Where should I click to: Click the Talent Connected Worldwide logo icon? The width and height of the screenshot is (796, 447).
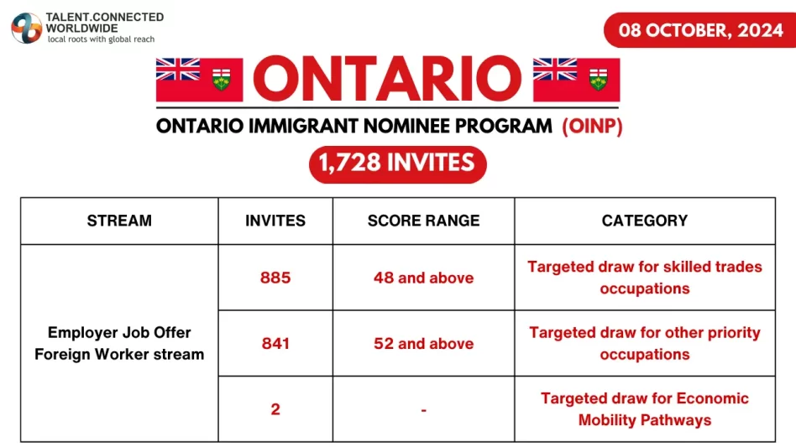pyautogui.click(x=26, y=28)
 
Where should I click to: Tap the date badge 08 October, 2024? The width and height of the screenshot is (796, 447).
pyautogui.click(x=700, y=30)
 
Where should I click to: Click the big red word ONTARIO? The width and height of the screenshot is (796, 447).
pyautogui.click(x=387, y=79)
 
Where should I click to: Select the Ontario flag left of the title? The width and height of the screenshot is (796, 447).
pyautogui.click(x=200, y=80)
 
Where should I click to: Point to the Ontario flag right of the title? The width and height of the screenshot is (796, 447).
pyautogui.click(x=576, y=80)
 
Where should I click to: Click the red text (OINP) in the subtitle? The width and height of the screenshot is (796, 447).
pyautogui.click(x=592, y=126)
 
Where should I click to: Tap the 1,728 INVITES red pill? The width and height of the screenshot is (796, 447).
pyautogui.click(x=397, y=164)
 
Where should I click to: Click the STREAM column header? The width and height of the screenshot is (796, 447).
pyautogui.click(x=119, y=221)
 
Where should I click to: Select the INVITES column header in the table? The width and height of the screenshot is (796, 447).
pyautogui.click(x=275, y=221)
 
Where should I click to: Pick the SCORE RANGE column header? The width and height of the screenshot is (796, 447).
pyautogui.click(x=423, y=221)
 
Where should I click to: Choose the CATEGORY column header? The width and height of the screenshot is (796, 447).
pyautogui.click(x=645, y=221)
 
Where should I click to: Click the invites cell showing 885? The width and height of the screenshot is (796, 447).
pyautogui.click(x=275, y=278)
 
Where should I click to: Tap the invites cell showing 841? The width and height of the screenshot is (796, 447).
pyautogui.click(x=275, y=344)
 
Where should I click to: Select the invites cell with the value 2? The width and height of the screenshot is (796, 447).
pyautogui.click(x=275, y=409)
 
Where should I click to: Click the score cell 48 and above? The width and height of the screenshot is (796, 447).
pyautogui.click(x=423, y=278)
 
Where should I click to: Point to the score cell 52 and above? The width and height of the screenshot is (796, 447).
pyautogui.click(x=423, y=344)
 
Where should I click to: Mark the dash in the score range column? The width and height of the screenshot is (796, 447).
pyautogui.click(x=423, y=409)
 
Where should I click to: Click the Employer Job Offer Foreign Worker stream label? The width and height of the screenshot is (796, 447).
pyautogui.click(x=119, y=343)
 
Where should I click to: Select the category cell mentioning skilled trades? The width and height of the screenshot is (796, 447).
pyautogui.click(x=645, y=278)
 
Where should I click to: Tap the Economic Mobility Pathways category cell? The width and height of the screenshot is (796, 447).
pyautogui.click(x=645, y=409)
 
